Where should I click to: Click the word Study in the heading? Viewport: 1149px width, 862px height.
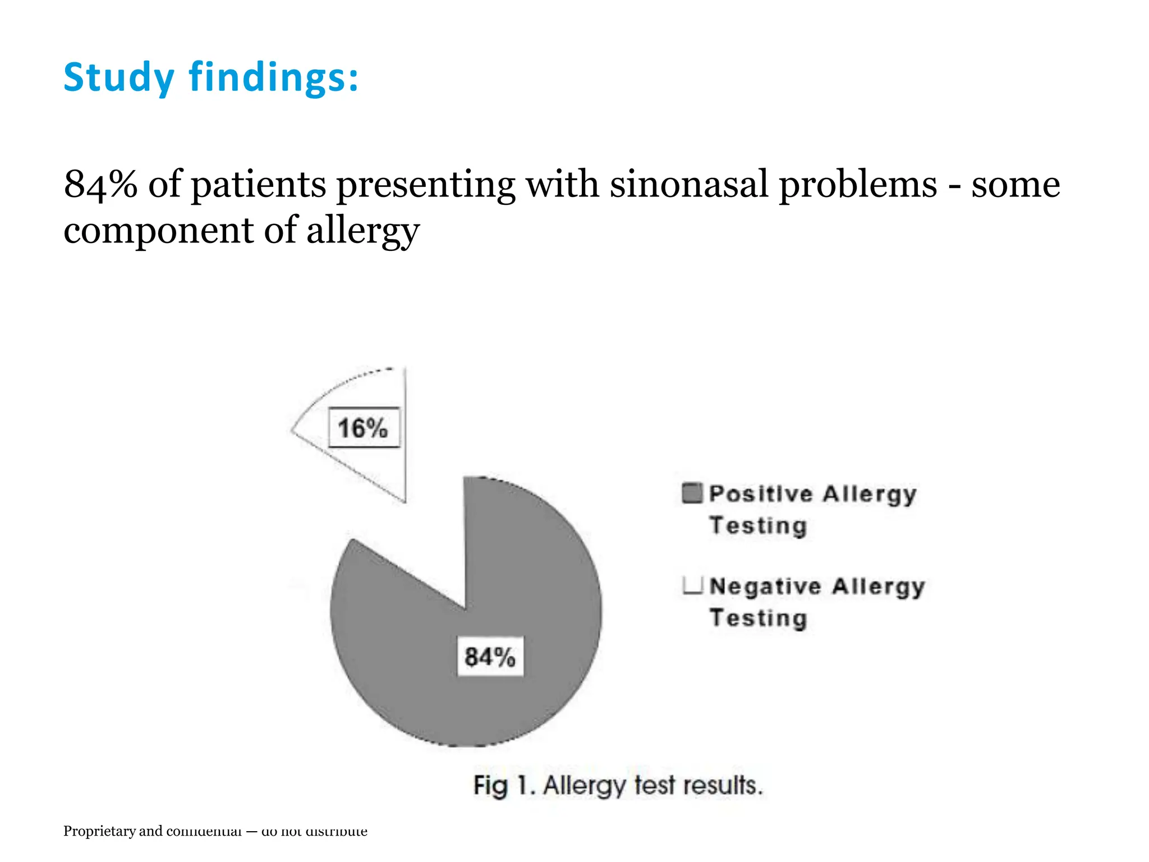click(118, 77)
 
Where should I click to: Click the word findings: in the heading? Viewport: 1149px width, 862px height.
click(273, 77)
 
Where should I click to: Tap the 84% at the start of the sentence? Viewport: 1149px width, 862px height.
click(100, 184)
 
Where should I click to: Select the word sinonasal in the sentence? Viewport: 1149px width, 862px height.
click(688, 184)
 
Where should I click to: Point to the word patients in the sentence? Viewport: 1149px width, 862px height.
click(259, 184)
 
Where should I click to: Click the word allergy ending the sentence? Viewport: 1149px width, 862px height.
click(362, 231)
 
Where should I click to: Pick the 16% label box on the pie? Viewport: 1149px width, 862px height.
click(364, 428)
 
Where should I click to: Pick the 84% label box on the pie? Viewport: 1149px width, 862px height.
click(490, 657)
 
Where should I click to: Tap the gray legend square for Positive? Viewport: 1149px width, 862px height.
click(692, 493)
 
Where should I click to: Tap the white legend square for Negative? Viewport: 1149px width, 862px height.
click(692, 585)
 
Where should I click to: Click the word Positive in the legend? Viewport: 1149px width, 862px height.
click(760, 494)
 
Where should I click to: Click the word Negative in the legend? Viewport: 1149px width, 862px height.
click(765, 586)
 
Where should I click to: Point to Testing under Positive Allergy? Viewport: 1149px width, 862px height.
click(758, 526)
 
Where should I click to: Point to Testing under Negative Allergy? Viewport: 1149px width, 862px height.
click(758, 618)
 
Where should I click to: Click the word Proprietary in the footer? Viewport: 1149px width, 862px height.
click(99, 831)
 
